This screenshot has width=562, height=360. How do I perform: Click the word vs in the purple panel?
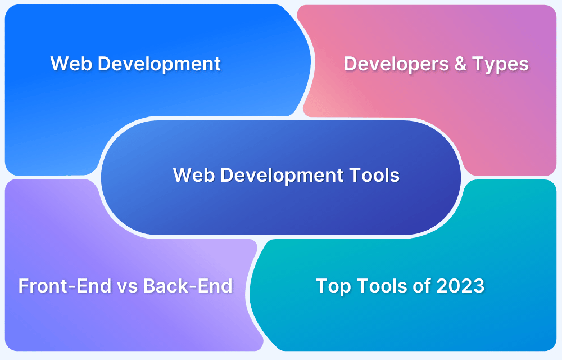[x=127, y=286]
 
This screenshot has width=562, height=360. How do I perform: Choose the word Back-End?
[x=188, y=286]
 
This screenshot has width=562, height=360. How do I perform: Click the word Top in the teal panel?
[x=333, y=286]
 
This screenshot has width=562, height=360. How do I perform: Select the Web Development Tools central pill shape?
[x=281, y=208]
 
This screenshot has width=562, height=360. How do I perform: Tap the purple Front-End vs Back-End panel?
[x=124, y=321]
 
